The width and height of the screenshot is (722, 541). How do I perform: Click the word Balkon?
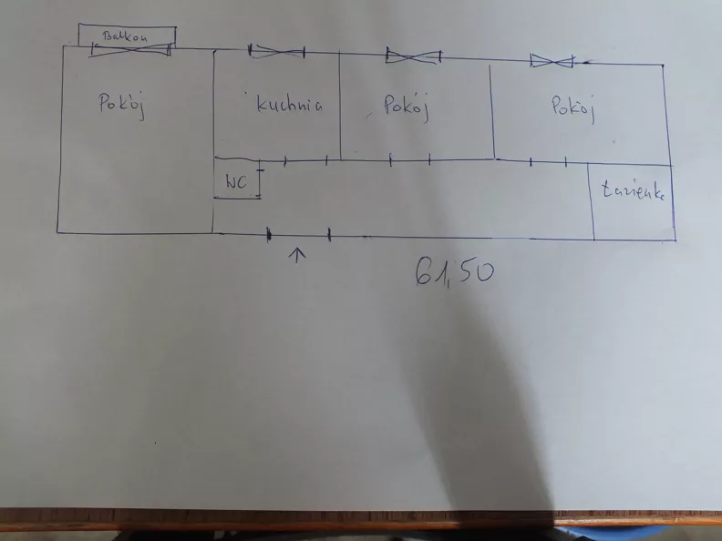(x=125, y=36)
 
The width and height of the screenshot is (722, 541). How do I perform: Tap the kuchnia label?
(x=289, y=104)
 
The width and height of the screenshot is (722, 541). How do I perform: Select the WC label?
(x=236, y=182)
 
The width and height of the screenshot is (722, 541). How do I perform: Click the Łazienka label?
(x=634, y=190)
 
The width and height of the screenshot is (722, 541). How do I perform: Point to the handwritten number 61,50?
(x=454, y=272)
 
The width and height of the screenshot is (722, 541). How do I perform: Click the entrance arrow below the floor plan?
(x=297, y=255)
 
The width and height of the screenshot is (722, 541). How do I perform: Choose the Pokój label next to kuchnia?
(x=407, y=107)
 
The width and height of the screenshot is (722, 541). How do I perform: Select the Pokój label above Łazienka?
(x=573, y=109)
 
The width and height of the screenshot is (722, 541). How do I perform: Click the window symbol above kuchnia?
(x=276, y=52)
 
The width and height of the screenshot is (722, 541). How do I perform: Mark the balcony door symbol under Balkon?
(x=130, y=49)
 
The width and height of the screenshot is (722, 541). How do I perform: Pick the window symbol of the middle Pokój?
(x=414, y=56)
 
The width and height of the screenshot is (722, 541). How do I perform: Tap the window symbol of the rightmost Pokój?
(x=552, y=61)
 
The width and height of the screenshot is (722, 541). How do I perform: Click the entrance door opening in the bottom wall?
(x=299, y=235)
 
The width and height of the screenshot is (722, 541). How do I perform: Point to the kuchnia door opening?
(x=305, y=160)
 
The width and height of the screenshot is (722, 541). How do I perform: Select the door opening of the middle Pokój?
(x=410, y=159)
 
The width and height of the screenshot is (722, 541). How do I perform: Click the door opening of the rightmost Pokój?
(x=549, y=161)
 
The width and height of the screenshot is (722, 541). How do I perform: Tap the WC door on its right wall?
(x=260, y=184)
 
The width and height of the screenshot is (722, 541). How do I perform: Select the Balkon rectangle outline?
(x=127, y=26)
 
